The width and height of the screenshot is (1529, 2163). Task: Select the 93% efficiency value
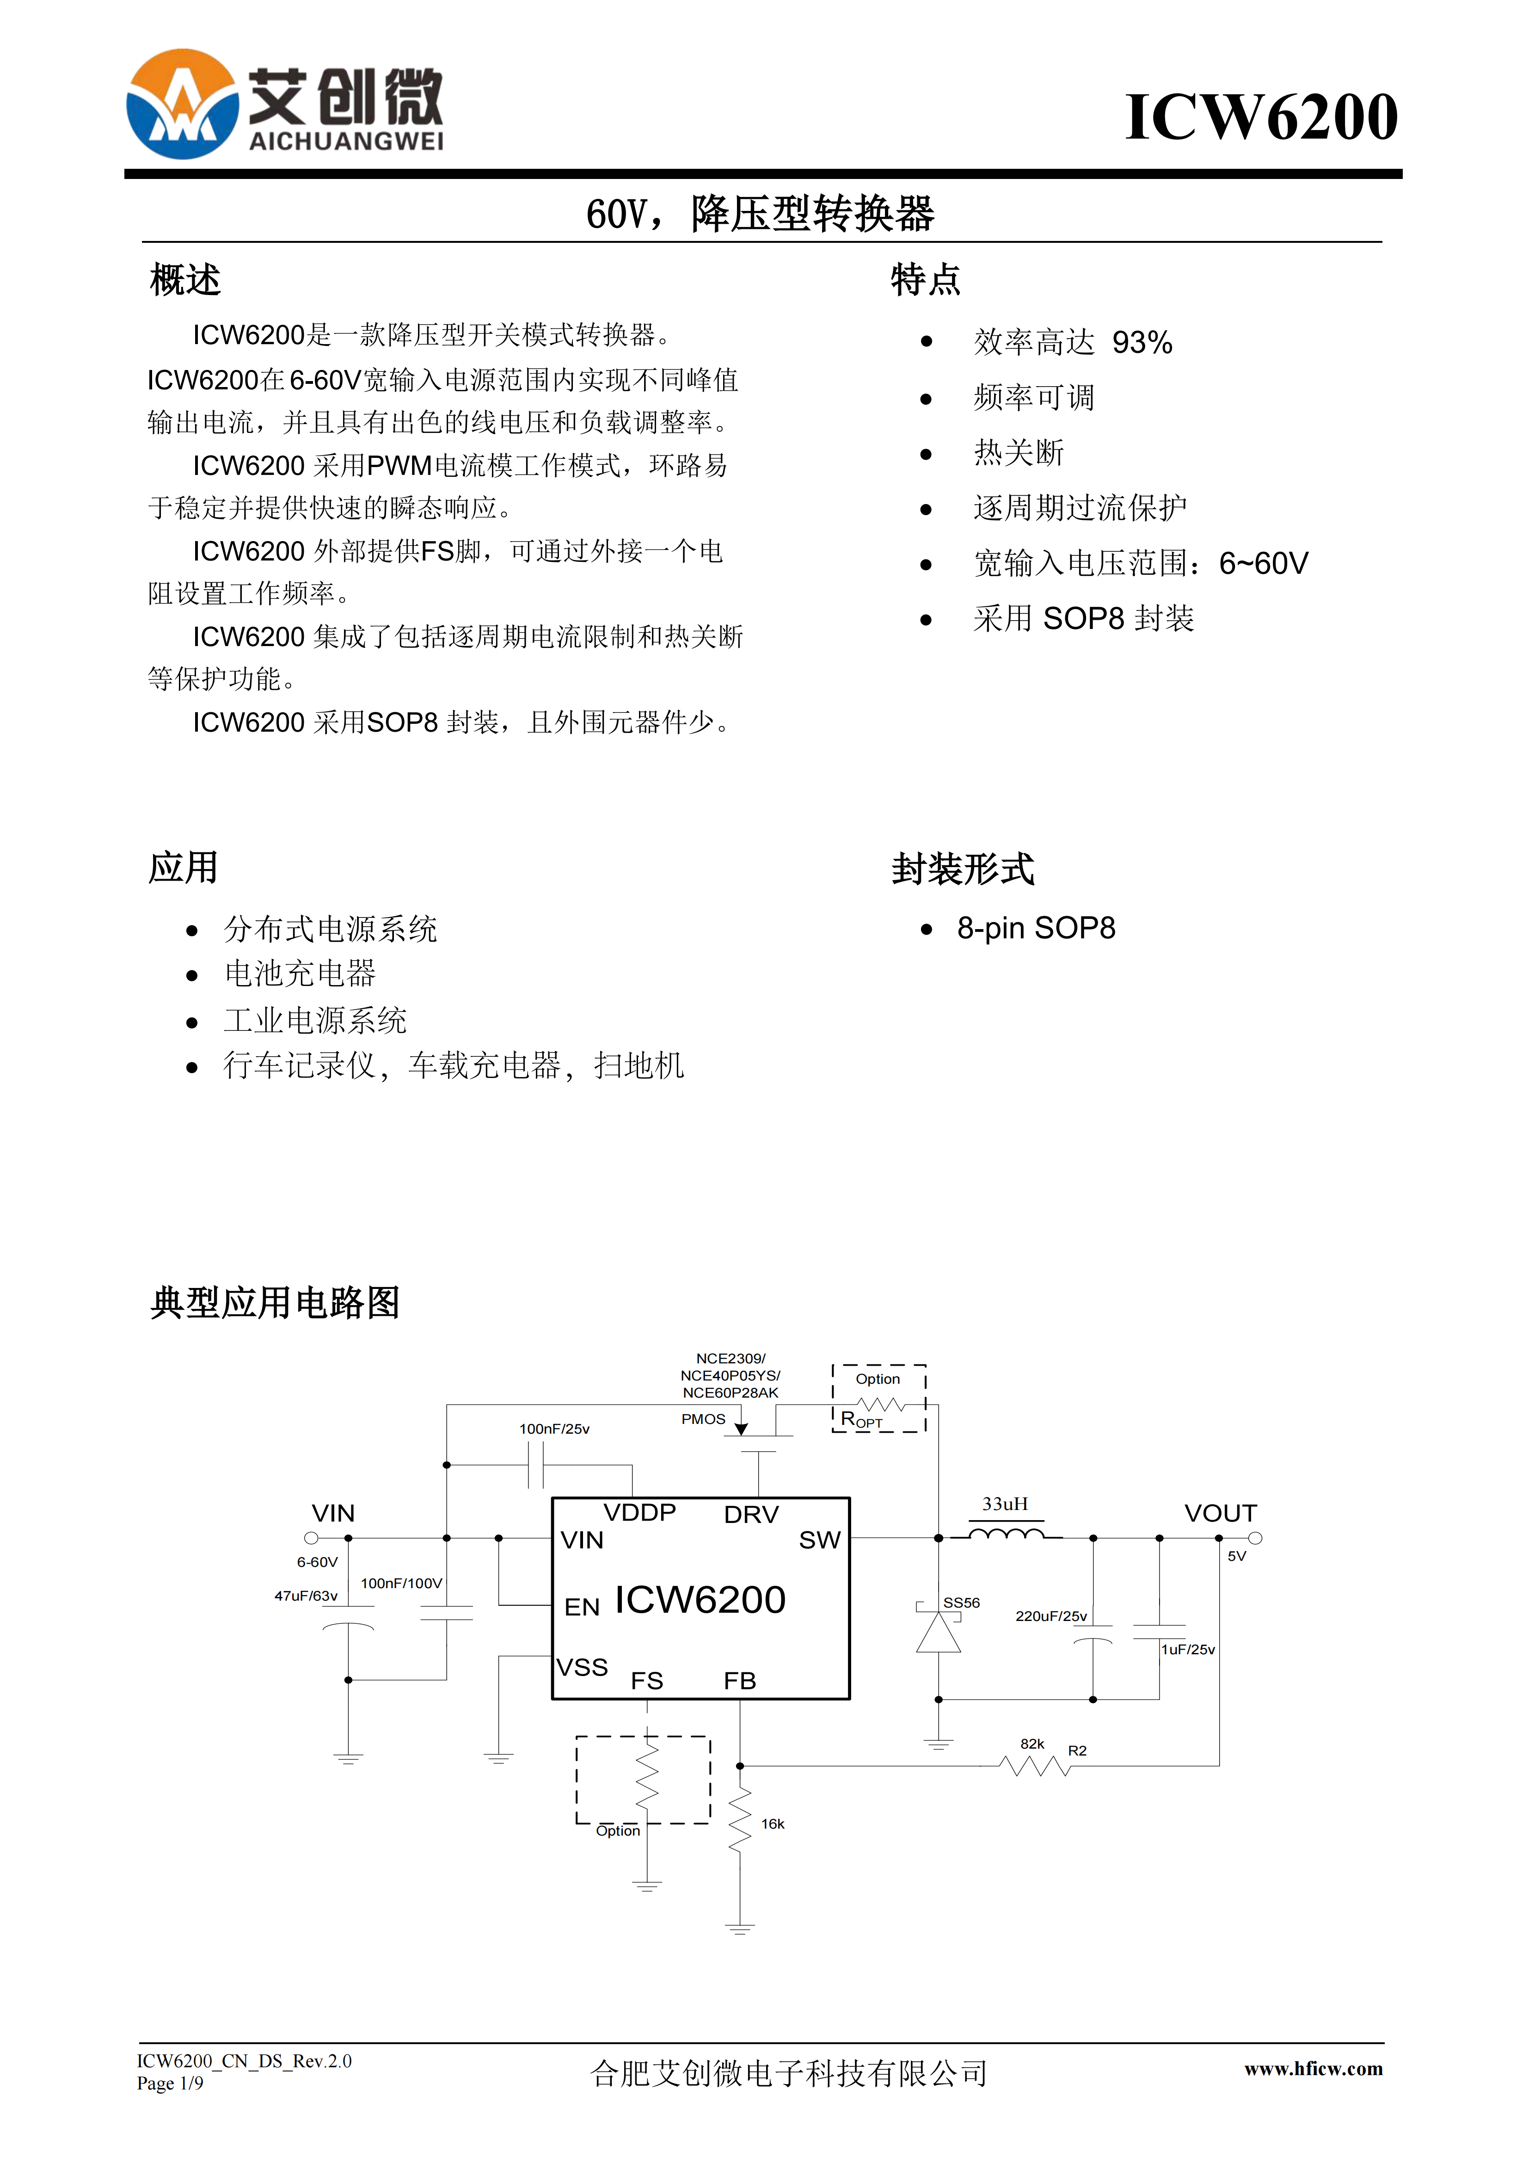tap(1142, 342)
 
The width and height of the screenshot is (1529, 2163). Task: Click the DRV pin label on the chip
tap(751, 1515)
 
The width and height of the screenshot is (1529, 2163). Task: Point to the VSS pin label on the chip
tap(582, 1668)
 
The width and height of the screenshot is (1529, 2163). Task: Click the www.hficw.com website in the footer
tap(1313, 2069)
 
